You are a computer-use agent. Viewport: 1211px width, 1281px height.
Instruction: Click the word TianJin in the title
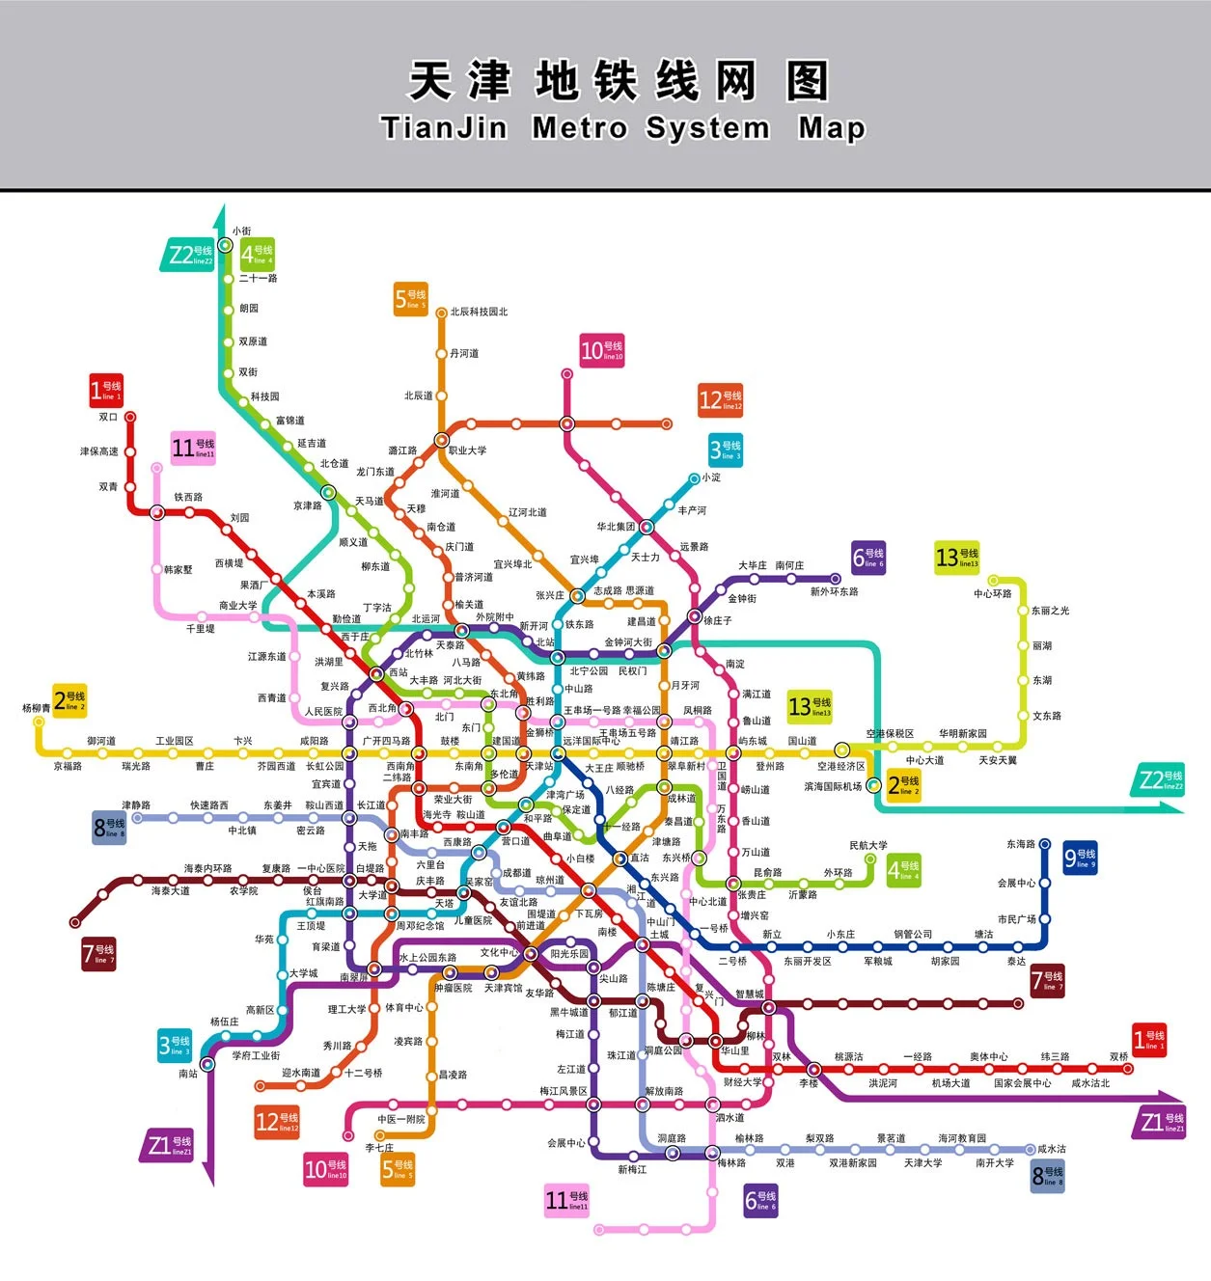click(x=444, y=127)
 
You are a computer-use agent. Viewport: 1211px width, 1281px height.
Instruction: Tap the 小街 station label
click(x=241, y=232)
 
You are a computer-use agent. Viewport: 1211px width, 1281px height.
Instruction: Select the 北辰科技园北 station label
click(x=479, y=312)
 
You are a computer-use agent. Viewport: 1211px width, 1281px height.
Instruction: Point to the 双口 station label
click(x=107, y=418)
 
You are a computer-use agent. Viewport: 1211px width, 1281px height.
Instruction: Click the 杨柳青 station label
click(x=37, y=708)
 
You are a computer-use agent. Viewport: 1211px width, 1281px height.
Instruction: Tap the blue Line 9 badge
click(x=1080, y=858)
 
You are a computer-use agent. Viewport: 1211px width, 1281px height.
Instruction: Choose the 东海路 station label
click(x=1020, y=844)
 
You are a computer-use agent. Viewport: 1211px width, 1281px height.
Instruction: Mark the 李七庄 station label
click(x=379, y=1148)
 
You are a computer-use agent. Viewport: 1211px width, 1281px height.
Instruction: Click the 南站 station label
click(x=188, y=1074)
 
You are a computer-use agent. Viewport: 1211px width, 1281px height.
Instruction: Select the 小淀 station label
click(x=711, y=477)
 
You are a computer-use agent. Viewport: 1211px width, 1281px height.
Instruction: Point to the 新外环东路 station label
click(x=834, y=591)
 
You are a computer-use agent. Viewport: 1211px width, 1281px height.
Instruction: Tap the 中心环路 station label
click(x=992, y=594)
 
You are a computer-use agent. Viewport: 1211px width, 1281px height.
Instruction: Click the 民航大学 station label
click(x=868, y=846)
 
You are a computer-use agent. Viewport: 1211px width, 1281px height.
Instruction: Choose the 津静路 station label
click(x=136, y=805)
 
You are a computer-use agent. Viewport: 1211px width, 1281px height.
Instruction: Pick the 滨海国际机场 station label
click(x=833, y=787)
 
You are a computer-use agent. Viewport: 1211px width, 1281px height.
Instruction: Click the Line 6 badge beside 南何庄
click(x=867, y=558)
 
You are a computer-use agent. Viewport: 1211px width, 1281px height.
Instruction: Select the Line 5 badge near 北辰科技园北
click(x=410, y=299)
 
